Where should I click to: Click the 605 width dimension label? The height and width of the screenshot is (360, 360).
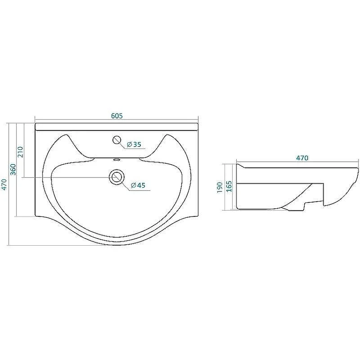(117, 116)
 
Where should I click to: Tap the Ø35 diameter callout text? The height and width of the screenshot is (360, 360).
(134, 144)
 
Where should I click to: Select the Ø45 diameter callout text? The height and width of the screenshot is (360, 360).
(138, 185)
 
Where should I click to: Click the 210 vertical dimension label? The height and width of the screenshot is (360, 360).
(20, 152)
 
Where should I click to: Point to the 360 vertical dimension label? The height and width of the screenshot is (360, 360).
(13, 170)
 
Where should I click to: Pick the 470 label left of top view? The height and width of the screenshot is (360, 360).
(4, 184)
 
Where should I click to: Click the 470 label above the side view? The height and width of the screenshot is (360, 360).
(302, 158)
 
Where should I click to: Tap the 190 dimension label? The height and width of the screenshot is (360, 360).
(220, 187)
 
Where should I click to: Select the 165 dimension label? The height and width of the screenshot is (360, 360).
(229, 186)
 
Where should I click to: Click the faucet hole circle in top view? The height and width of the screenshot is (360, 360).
(117, 140)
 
